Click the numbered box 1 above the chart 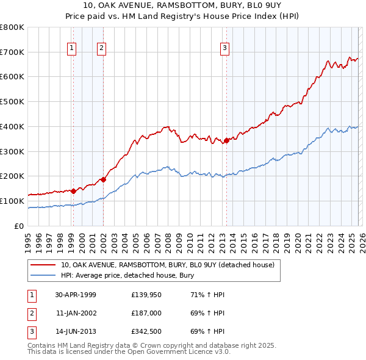click(x=72, y=48)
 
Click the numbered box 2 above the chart click(x=101, y=48)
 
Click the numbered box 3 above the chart click(x=224, y=48)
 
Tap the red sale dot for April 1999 click(x=74, y=191)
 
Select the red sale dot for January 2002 click(x=103, y=179)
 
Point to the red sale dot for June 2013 click(x=226, y=140)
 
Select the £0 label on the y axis click(x=18, y=226)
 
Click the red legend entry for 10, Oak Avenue click(x=168, y=265)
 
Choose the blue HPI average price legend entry click(x=127, y=275)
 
